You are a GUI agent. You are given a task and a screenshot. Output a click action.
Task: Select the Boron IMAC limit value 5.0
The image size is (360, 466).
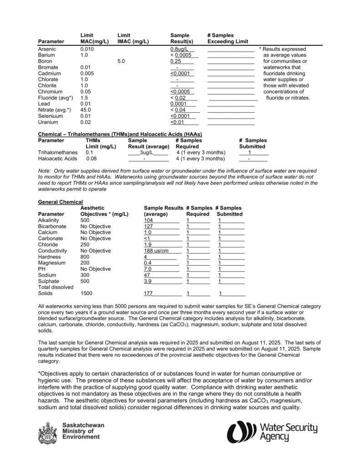[x=121, y=61]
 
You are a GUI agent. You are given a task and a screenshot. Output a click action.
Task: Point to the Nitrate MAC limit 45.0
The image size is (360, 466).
[x=86, y=110]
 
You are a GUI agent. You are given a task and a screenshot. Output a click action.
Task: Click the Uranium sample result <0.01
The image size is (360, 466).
[x=177, y=122]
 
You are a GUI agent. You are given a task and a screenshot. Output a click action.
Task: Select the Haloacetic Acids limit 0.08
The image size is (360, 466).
[x=91, y=159]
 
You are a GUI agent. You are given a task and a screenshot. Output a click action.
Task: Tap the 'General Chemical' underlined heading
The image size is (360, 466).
[x=61, y=202]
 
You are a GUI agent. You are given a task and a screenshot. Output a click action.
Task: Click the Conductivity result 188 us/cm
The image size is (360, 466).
[x=156, y=251]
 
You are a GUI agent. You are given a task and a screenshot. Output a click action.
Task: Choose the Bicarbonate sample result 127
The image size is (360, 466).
[x=148, y=226]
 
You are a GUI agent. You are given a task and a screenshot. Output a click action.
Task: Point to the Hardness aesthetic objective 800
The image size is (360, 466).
[x=85, y=257]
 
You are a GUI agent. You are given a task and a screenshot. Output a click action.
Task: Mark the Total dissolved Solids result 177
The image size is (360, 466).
[x=148, y=294]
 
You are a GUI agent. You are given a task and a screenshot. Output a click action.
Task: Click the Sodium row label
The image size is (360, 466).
[x=47, y=275]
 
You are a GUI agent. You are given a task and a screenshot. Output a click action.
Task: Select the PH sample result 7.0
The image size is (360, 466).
[x=147, y=269]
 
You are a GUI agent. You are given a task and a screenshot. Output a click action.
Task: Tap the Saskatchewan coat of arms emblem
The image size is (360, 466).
[x=47, y=433]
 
